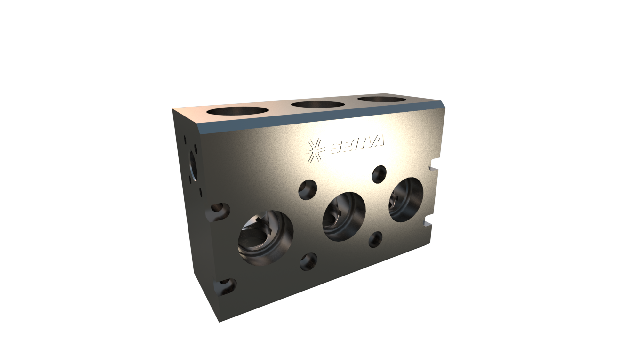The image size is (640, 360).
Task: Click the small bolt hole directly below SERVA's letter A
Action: (380, 174)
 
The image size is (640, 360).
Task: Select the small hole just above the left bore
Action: (308, 189)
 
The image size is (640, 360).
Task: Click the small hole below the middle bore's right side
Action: (376, 239)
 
